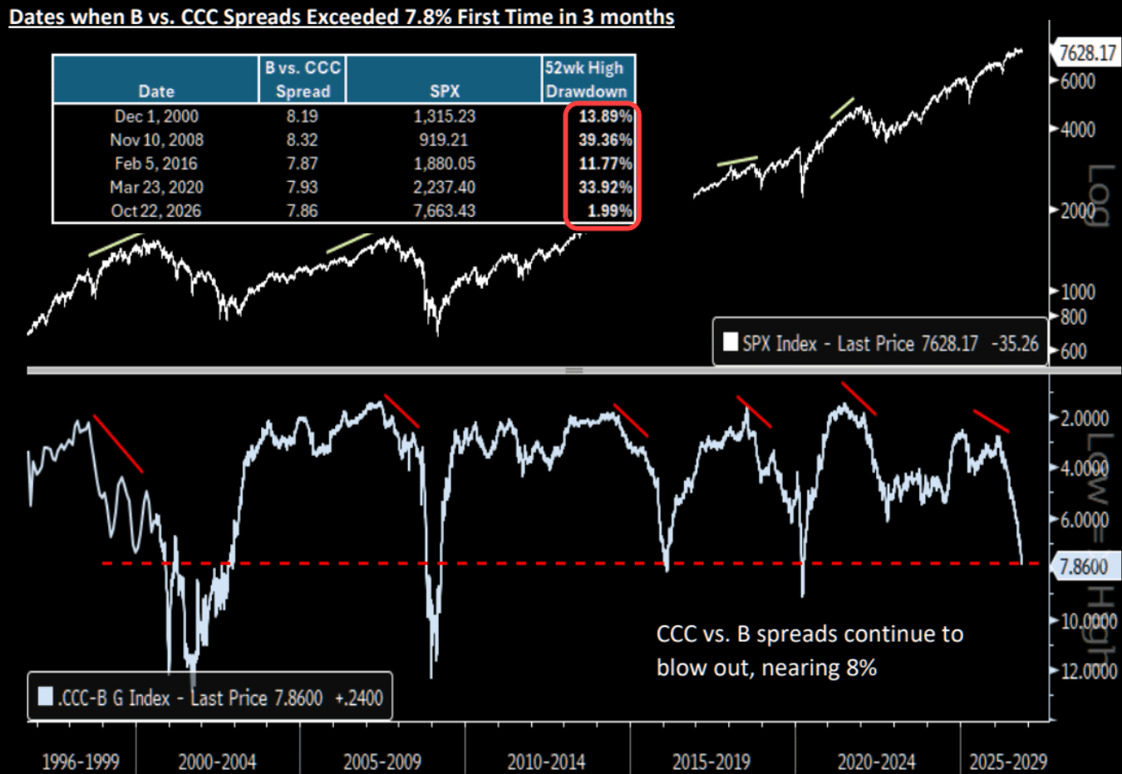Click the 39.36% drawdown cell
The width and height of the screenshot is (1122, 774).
click(x=605, y=140)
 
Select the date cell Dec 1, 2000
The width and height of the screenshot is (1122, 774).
click(x=156, y=116)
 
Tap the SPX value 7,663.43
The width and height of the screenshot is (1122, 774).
click(x=445, y=211)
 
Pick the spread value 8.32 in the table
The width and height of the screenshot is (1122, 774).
click(x=302, y=140)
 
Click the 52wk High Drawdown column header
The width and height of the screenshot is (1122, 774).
click(x=586, y=79)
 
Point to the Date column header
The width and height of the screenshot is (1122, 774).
click(x=156, y=91)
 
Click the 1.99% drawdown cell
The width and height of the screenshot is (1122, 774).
click(x=609, y=211)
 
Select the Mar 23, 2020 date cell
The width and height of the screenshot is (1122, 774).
click(x=156, y=187)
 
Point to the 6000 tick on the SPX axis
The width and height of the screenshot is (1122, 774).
click(x=1078, y=81)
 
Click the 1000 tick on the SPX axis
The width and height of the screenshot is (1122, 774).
click(x=1078, y=291)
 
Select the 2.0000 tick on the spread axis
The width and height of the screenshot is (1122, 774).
click(x=1085, y=418)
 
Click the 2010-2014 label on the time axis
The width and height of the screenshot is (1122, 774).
click(x=546, y=762)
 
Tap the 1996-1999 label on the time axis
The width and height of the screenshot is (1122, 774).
click(x=81, y=762)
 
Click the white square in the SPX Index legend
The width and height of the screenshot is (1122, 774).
click(x=731, y=342)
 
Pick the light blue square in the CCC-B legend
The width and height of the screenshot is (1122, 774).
click(x=46, y=697)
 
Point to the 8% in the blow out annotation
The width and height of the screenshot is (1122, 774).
click(x=862, y=668)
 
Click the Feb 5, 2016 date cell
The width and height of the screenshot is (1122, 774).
click(x=156, y=164)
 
